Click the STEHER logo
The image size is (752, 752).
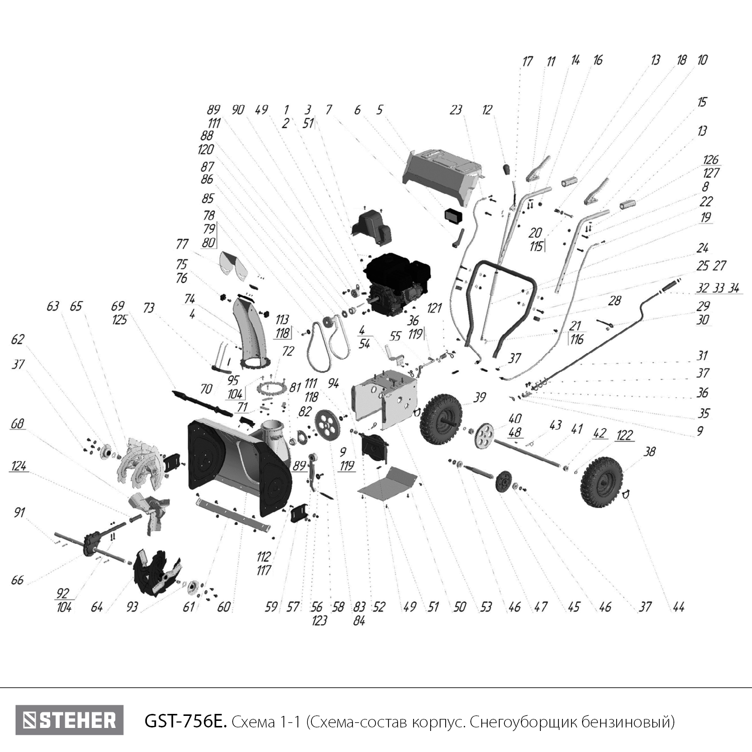[69, 720]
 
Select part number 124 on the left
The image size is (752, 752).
[19, 466]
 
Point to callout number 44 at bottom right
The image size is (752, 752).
[678, 607]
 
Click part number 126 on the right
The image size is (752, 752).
[710, 160]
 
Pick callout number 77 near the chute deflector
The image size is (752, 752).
[181, 244]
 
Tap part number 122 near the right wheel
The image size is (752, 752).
[624, 435]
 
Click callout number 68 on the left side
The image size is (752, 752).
[18, 424]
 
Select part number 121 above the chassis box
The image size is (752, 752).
[434, 307]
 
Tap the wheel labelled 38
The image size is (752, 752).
[602, 482]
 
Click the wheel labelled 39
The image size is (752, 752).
[441, 418]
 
